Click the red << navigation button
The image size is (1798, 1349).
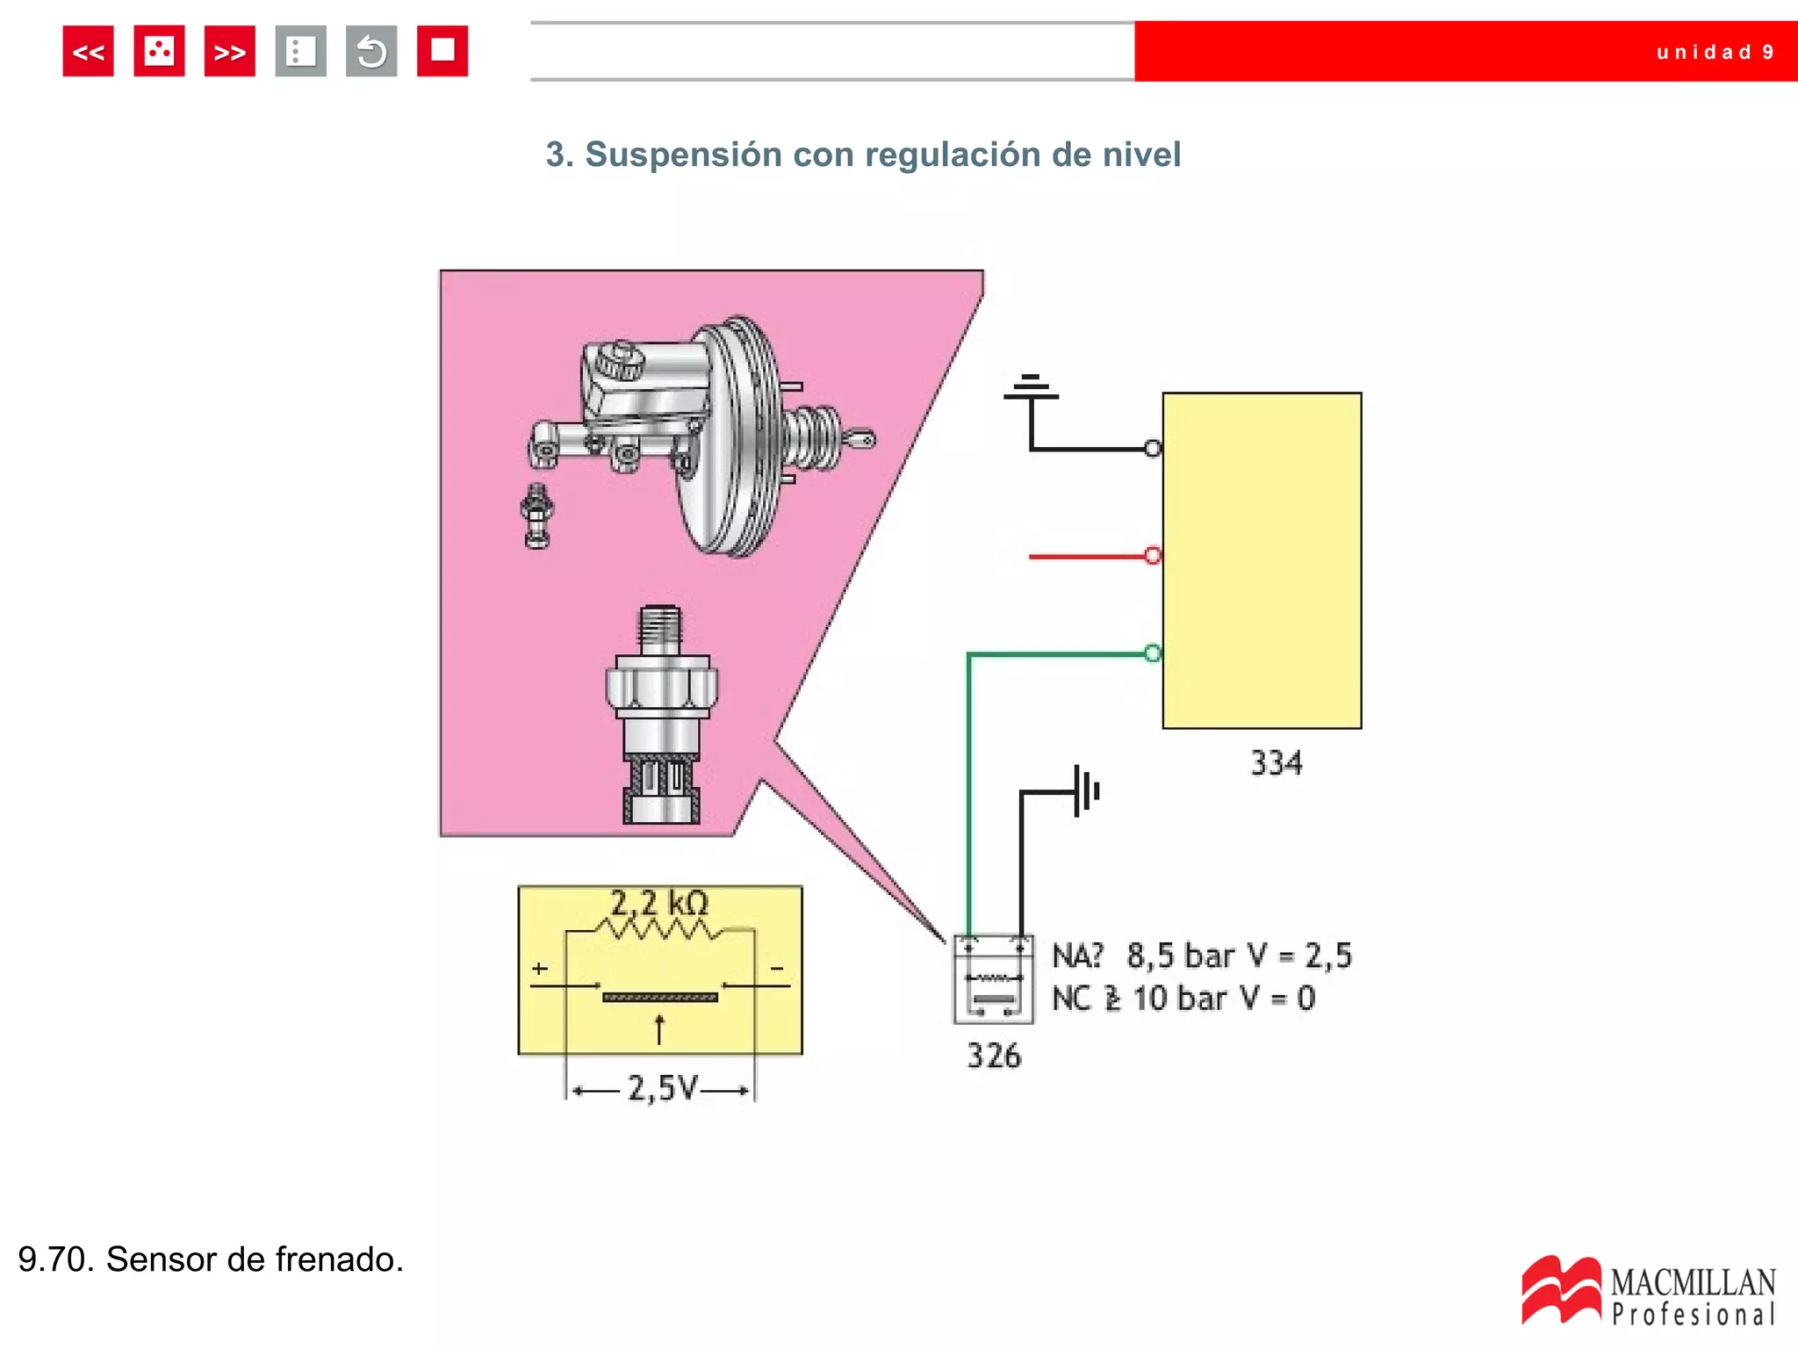[88, 52]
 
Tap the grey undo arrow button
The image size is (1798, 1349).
[371, 52]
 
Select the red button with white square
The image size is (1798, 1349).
[442, 52]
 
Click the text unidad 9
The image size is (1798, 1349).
[1715, 53]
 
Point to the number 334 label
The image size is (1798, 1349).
[1276, 763]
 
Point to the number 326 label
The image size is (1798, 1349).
[994, 1056]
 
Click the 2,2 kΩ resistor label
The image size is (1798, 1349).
[659, 903]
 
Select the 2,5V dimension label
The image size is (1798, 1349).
[662, 1089]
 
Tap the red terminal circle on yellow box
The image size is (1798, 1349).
[1153, 555]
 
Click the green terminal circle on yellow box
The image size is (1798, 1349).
[1153, 653]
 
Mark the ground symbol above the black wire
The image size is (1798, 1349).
[1031, 387]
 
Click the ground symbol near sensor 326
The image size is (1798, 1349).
[1086, 790]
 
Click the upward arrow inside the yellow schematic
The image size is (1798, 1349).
[660, 1029]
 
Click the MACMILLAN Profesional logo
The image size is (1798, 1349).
[1649, 1291]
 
